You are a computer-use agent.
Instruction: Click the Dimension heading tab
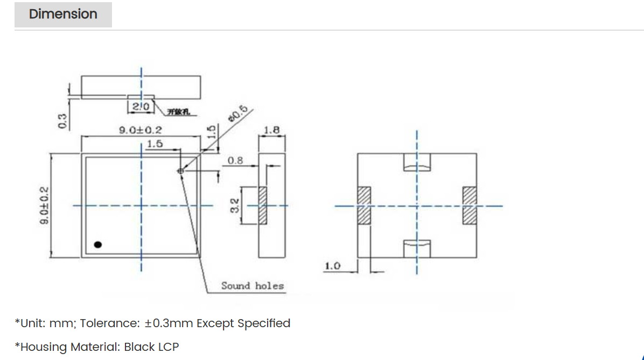[63, 15]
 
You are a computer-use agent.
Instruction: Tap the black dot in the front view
[97, 244]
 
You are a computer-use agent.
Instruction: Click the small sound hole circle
[180, 171]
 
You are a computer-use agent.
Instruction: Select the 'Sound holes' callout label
[252, 286]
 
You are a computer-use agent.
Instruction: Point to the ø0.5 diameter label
[237, 115]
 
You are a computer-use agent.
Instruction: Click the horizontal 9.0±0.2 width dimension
[140, 130]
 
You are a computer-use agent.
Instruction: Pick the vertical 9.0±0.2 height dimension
[45, 206]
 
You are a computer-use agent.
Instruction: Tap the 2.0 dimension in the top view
[141, 107]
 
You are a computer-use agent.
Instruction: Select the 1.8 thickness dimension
[272, 130]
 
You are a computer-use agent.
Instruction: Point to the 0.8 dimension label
[235, 160]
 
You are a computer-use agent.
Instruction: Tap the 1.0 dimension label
[332, 266]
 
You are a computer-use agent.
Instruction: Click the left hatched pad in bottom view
[365, 205]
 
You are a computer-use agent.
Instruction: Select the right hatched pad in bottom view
[470, 205]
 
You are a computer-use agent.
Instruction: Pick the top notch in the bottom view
[417, 162]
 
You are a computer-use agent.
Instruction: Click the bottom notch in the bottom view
[417, 249]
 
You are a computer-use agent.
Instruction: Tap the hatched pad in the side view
[263, 205]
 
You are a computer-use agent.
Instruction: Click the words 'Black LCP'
[151, 347]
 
